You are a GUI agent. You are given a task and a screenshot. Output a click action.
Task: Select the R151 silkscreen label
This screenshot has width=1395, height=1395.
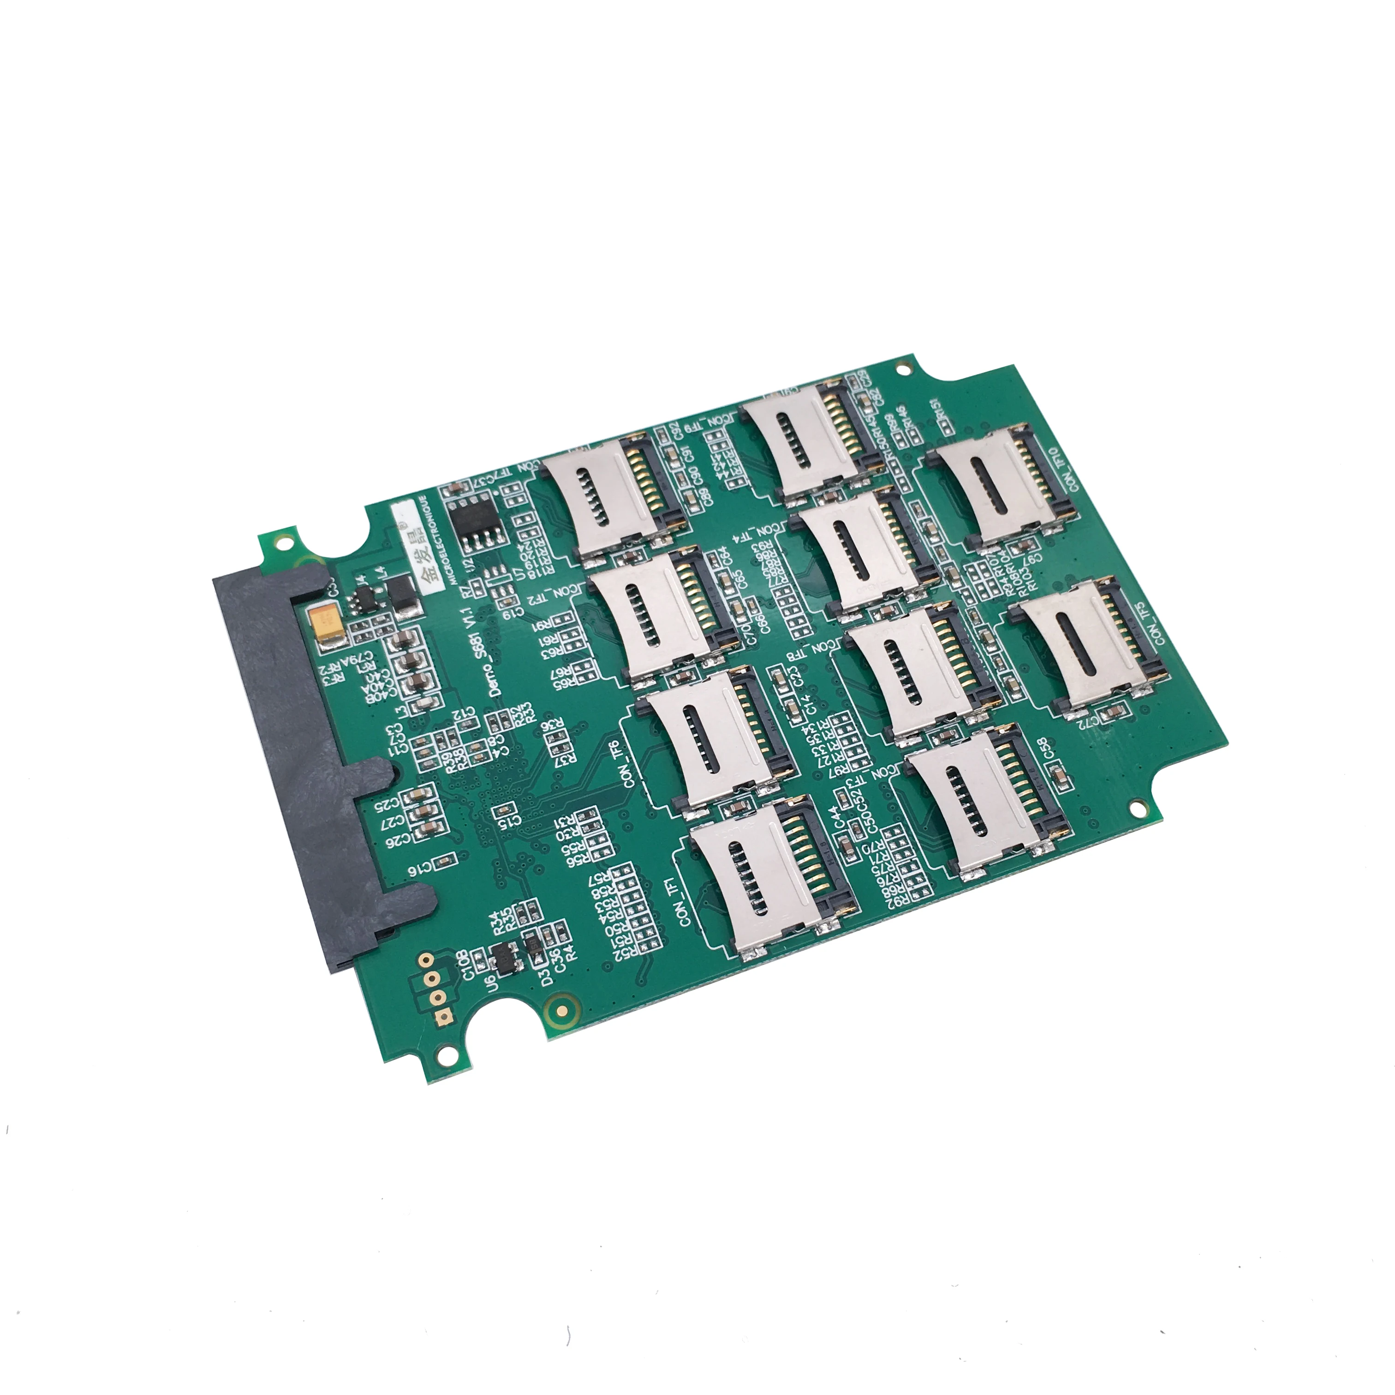tap(936, 414)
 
